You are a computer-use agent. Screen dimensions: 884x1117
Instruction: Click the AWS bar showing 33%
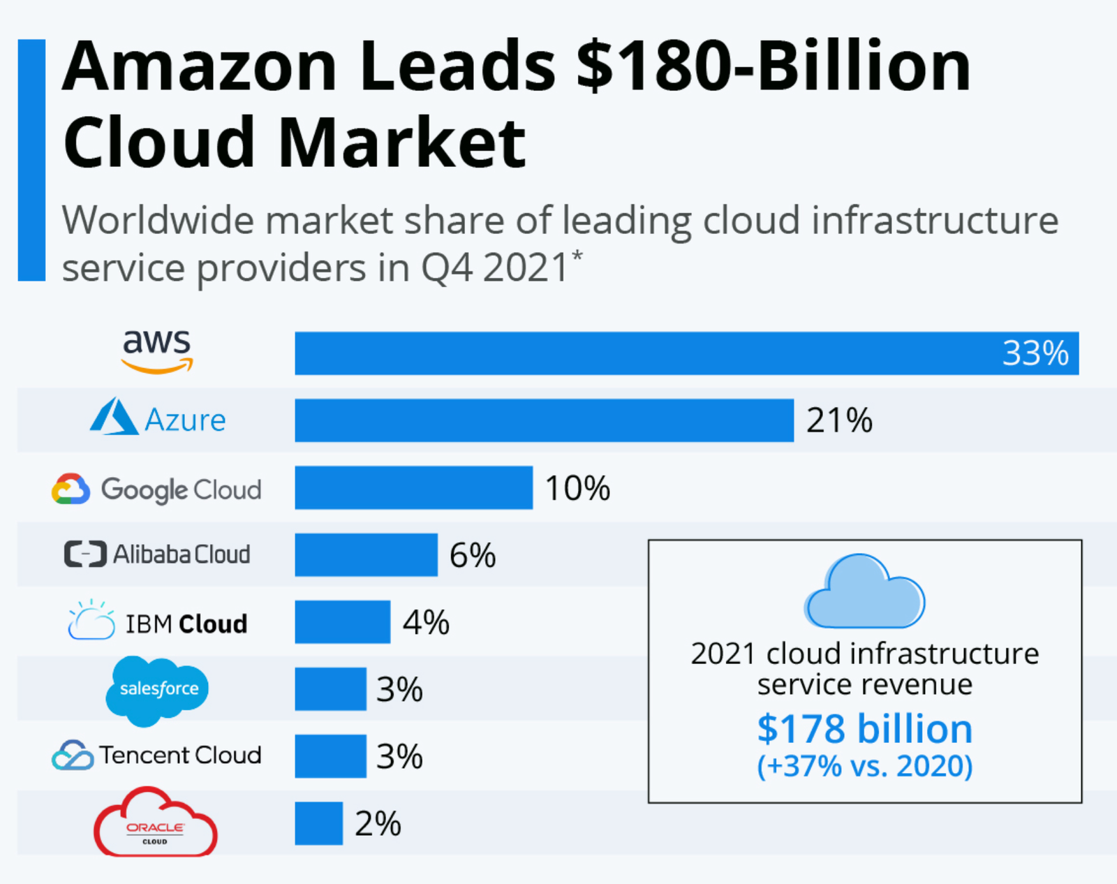[x=686, y=353]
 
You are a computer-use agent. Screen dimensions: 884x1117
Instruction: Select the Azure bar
[x=544, y=420]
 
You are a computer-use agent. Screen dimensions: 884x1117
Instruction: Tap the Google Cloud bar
[x=413, y=487]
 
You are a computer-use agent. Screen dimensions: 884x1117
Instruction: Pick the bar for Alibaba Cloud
[x=366, y=555]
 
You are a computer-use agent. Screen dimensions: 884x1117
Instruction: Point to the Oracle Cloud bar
[x=318, y=823]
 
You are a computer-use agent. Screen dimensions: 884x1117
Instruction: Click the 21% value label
[x=839, y=420]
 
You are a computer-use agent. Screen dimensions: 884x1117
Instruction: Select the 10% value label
[x=577, y=488]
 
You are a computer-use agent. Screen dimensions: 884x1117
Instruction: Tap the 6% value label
[x=473, y=556]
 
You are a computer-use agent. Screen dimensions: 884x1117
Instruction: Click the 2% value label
[x=378, y=824]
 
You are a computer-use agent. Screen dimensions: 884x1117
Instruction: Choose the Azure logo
[x=158, y=419]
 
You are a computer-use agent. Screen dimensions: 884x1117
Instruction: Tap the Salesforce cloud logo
[x=158, y=689]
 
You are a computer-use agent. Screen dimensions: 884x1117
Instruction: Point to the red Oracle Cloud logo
[x=155, y=824]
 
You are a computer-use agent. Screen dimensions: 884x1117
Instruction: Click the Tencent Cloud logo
[x=157, y=756]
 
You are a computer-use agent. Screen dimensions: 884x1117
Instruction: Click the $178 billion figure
[x=864, y=730]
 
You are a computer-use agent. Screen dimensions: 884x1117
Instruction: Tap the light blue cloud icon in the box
[x=864, y=592]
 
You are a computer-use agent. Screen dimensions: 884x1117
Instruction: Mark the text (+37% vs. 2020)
[x=864, y=766]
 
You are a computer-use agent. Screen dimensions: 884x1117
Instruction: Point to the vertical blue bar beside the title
[x=31, y=161]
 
